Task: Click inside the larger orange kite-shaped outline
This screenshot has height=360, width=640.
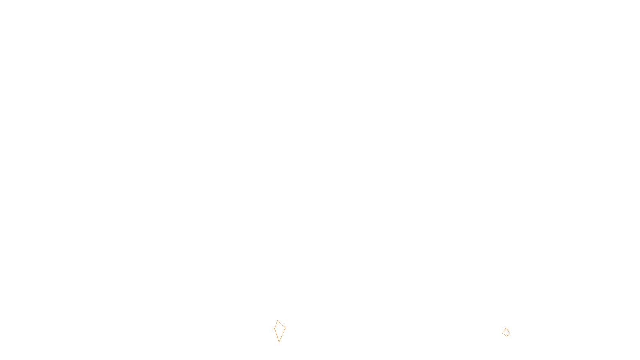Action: coord(280,330)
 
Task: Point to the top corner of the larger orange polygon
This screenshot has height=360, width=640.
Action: coord(278,321)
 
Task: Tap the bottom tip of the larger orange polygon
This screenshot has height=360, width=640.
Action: coord(279,342)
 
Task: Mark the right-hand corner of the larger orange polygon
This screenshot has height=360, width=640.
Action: coord(285,328)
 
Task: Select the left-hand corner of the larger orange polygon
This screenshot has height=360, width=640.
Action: coord(274,328)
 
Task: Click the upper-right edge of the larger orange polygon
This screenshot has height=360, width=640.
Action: coord(282,324)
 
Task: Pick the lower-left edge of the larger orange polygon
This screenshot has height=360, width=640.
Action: coord(277,335)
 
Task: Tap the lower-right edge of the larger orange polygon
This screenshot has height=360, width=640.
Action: coord(282,335)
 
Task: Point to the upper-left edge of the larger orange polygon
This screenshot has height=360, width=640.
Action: coord(276,324)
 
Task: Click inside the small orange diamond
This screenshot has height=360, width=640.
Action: coord(506,332)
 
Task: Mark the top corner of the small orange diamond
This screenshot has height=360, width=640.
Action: coord(506,328)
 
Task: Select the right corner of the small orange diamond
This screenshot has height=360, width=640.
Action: coord(510,332)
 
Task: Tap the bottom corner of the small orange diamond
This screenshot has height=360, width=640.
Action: coord(506,336)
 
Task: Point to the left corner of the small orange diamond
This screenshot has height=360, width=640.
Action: coord(503,332)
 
